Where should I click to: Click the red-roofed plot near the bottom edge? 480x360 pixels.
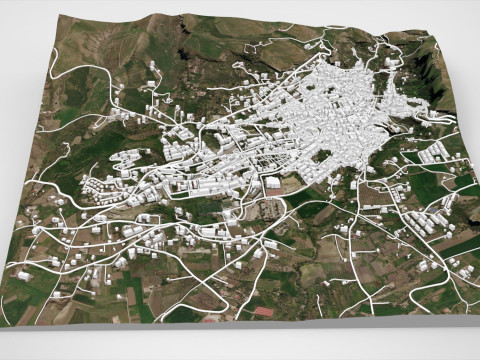click(x=262, y=311)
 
